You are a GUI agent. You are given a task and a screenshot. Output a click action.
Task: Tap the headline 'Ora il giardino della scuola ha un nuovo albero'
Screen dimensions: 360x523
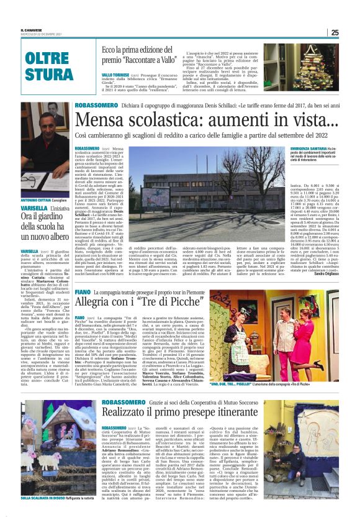(45, 223)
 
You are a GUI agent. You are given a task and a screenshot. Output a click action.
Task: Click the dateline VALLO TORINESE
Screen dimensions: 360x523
(115, 73)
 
